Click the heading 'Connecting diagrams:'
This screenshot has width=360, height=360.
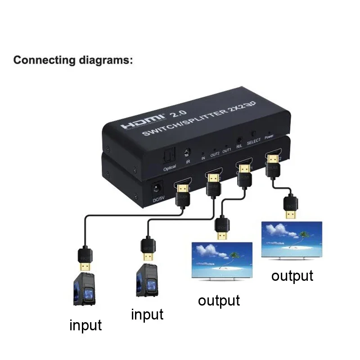[73, 60]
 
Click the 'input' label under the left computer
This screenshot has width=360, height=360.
[85, 324]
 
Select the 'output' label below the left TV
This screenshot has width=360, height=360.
[219, 300]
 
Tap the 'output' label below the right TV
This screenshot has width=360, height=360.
[292, 275]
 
